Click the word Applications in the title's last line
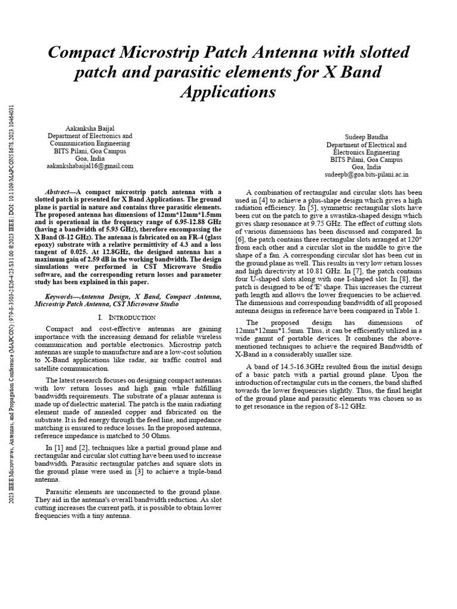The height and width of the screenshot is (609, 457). tap(228, 92)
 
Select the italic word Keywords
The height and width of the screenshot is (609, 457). tap(62, 296)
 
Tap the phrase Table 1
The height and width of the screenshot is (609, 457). tap(407, 310)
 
